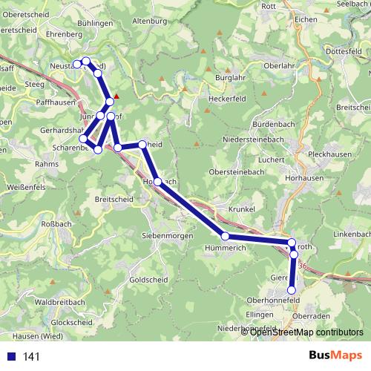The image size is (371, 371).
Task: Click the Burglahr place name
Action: coord(223,76)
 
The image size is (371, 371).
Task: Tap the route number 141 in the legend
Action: coord(31,357)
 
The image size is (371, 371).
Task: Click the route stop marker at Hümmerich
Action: coord(225,237)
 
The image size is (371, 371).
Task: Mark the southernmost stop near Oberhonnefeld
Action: coord(292,289)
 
